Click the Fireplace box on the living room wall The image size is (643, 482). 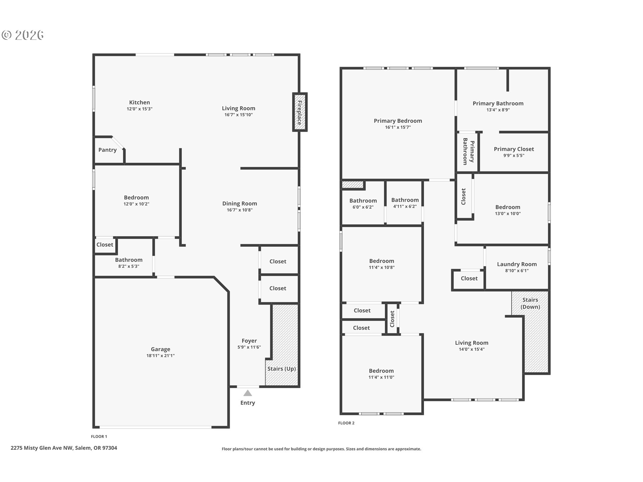click(x=300, y=112)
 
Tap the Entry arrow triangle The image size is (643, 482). click(x=247, y=393)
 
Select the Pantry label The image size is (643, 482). click(x=108, y=150)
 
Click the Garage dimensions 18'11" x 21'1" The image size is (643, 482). click(x=160, y=356)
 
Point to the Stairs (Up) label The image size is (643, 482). click(x=281, y=369)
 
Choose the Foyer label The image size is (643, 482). click(x=249, y=341)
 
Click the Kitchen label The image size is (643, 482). click(x=140, y=102)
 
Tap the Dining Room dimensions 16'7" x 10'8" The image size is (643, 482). click(x=239, y=210)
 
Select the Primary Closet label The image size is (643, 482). click(x=514, y=149)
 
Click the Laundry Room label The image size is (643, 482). click(x=517, y=264)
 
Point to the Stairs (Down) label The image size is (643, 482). click(x=530, y=303)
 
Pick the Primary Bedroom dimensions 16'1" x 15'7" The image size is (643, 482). click(x=398, y=128)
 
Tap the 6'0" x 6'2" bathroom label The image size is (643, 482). click(x=363, y=204)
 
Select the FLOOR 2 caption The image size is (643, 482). click(x=346, y=423)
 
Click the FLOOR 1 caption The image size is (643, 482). click(x=99, y=436)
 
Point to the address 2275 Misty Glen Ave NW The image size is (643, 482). click(x=42, y=448)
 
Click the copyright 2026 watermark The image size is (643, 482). click(x=23, y=35)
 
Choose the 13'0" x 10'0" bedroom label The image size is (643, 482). click(x=508, y=210)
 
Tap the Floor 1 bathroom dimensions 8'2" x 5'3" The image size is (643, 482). click(x=129, y=266)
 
